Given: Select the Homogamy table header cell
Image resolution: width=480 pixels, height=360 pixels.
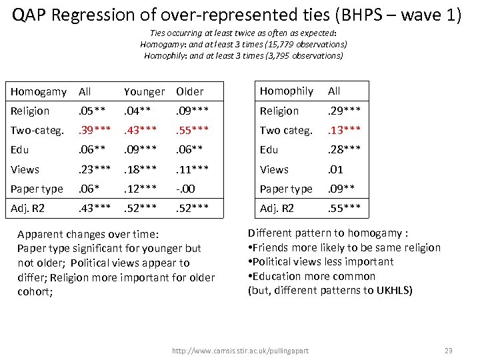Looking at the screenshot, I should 39,91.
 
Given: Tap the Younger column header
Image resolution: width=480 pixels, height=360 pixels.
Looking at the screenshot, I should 144,91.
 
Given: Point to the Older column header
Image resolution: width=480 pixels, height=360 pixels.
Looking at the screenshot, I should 190,91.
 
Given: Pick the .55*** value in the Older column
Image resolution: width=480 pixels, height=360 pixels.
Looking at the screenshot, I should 193,131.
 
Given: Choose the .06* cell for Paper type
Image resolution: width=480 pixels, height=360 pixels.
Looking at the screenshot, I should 91,189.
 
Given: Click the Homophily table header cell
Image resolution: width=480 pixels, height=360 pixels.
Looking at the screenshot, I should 286,91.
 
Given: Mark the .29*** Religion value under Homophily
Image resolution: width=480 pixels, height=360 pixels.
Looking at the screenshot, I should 345,111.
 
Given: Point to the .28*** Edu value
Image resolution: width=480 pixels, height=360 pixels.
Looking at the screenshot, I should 345,150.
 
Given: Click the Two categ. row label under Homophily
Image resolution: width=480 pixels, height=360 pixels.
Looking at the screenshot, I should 286,130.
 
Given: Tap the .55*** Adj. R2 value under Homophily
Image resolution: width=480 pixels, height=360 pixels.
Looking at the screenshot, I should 345,209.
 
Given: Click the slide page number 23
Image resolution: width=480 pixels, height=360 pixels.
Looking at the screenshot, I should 448,350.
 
